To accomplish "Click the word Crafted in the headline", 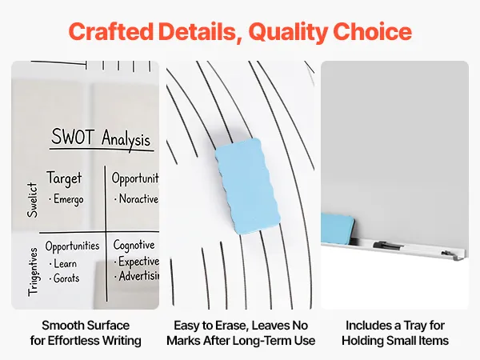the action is pyautogui.click(x=111, y=31).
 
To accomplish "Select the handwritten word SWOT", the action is pyautogui.click(x=73, y=137).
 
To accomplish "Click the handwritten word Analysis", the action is pyautogui.click(x=126, y=139).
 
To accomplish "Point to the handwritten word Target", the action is pyautogui.click(x=64, y=178).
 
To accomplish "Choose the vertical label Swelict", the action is pyautogui.click(x=32, y=200).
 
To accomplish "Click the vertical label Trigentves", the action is pyautogui.click(x=33, y=272).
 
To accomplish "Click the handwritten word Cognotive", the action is pyautogui.click(x=134, y=246).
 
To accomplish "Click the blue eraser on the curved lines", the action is pyautogui.click(x=247, y=186).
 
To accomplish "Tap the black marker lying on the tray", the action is pyautogui.click(x=387, y=246).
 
